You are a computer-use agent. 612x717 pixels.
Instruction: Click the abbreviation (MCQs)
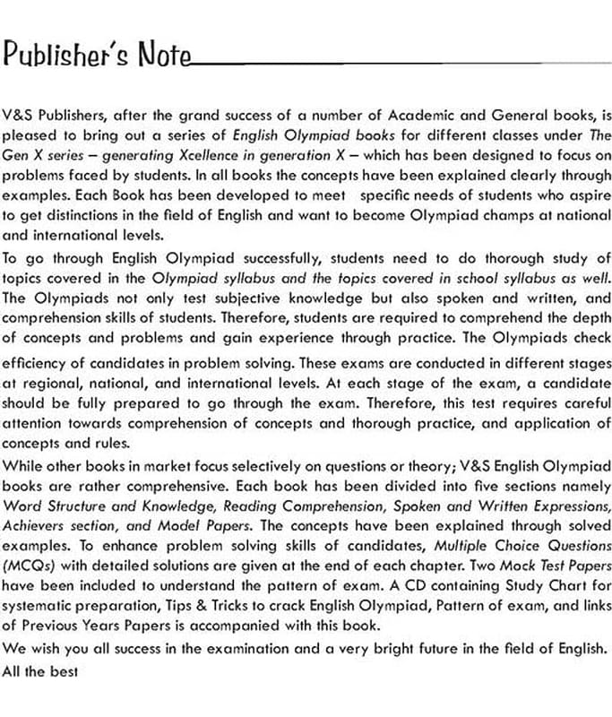(x=28, y=566)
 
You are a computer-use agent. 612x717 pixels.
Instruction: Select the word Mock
(x=485, y=566)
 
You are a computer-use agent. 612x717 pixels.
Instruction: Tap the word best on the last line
(x=65, y=669)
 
